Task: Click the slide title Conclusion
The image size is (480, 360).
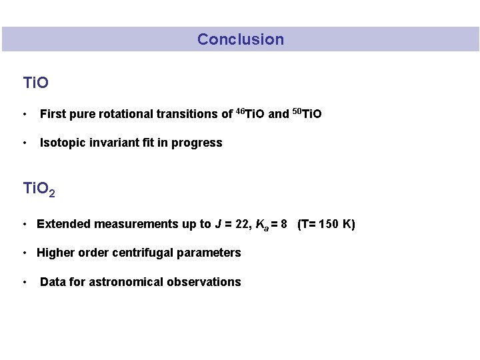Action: pyautogui.click(x=240, y=39)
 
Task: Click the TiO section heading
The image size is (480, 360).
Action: pyautogui.click(x=35, y=83)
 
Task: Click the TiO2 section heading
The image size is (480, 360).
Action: pyautogui.click(x=39, y=189)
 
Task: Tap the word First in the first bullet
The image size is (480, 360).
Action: pyautogui.click(x=53, y=114)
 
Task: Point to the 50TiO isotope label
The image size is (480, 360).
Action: pyautogui.click(x=307, y=113)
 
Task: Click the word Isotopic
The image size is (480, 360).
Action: pyautogui.click(x=62, y=143)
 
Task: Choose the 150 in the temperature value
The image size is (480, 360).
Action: pyautogui.click(x=329, y=224)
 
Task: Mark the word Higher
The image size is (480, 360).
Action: pyautogui.click(x=55, y=253)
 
